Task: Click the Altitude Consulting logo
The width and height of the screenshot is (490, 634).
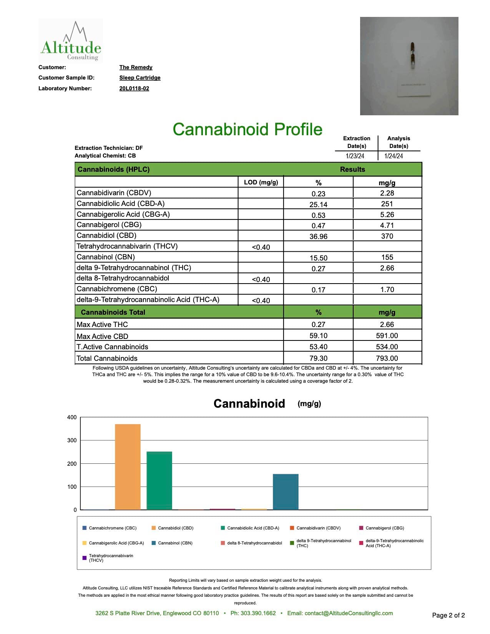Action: click(x=71, y=41)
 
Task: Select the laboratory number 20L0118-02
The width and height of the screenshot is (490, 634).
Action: click(x=134, y=88)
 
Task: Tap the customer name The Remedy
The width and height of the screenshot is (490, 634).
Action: click(x=136, y=67)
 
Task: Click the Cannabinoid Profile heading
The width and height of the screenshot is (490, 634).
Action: click(x=247, y=129)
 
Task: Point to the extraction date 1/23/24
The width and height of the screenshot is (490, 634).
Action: click(x=355, y=156)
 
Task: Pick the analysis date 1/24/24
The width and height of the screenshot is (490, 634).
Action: click(x=394, y=156)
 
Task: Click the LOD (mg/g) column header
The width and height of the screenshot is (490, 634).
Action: click(x=261, y=182)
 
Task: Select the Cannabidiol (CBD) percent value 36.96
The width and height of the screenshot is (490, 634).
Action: click(x=318, y=236)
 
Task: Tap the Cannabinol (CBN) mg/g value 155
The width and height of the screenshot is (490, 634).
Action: click(x=387, y=257)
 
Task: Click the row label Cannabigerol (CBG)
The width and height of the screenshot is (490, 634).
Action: click(x=109, y=225)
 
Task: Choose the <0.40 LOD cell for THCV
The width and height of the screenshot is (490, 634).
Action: click(x=261, y=247)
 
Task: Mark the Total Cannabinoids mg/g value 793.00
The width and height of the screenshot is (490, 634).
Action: click(x=387, y=358)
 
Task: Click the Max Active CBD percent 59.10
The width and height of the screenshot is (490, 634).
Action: click(x=318, y=336)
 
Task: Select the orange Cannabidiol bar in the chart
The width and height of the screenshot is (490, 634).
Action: click(x=128, y=467)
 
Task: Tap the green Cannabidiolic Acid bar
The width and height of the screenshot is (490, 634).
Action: click(x=159, y=480)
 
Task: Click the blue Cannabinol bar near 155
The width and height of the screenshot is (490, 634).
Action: click(x=286, y=492)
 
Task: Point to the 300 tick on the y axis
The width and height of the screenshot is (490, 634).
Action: click(x=72, y=440)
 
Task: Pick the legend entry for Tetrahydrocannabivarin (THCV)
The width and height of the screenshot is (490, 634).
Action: click(x=111, y=558)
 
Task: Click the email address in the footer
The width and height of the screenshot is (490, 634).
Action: click(x=349, y=613)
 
